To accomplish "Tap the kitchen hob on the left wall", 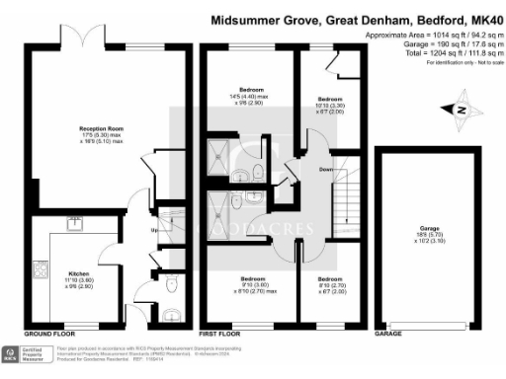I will coord(42,268).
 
